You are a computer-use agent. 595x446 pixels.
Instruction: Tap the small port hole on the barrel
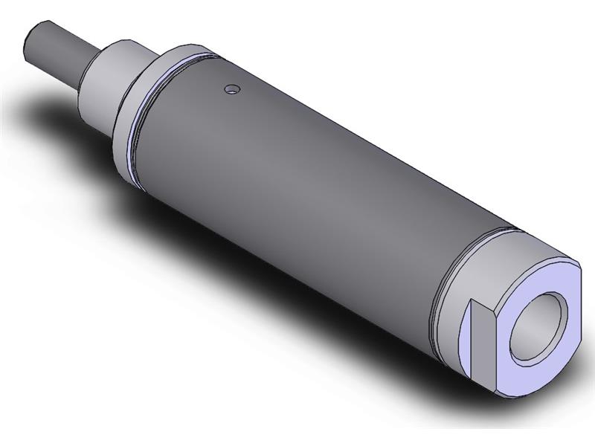coord(234,90)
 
